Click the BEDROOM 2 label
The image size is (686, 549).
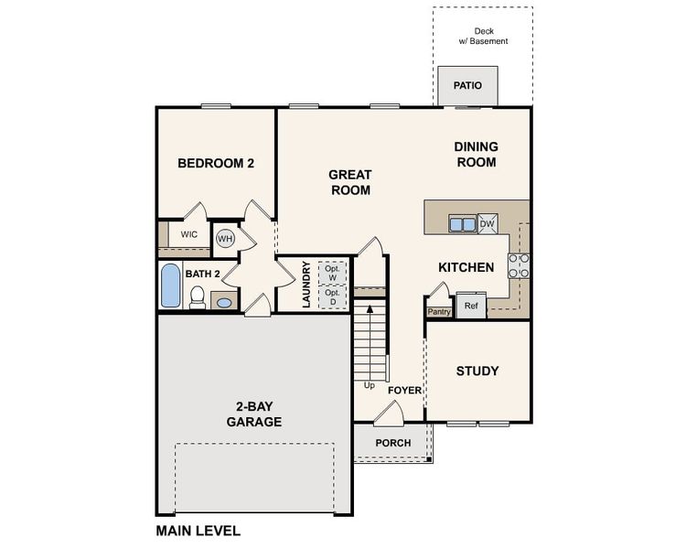pos(216,164)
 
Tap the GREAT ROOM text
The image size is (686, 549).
pos(349,182)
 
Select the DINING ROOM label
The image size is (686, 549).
pos(476,155)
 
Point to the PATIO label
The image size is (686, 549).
pos(467,86)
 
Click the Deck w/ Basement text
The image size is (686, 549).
pos(483,36)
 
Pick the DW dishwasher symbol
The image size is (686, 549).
pos(487,223)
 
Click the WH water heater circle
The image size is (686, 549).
pos(225,239)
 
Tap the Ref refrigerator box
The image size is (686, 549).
pos(471,306)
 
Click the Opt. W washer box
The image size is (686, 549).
pos(332,273)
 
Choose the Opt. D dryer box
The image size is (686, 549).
pos(332,297)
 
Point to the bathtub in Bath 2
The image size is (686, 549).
pos(171,286)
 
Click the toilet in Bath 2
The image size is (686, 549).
pos(197,297)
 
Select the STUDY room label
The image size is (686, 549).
pos(477,371)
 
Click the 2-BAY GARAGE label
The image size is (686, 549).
pos(253,414)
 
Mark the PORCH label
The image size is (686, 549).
pos(392,443)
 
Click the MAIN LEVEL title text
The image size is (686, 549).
pos(198,530)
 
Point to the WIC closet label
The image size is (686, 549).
pos(189,234)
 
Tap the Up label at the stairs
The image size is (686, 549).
pos(370,385)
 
